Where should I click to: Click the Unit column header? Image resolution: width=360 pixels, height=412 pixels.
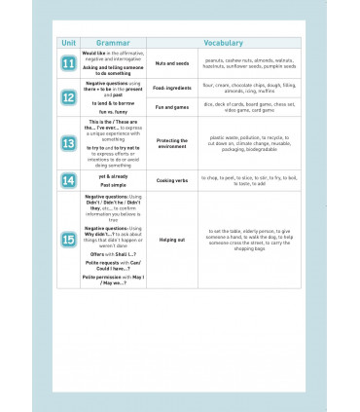tap(68, 44)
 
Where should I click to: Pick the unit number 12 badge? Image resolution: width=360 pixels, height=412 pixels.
tap(68, 98)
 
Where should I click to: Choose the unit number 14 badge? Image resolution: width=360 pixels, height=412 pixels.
tap(68, 180)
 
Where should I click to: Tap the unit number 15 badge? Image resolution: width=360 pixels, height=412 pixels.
tap(68, 239)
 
